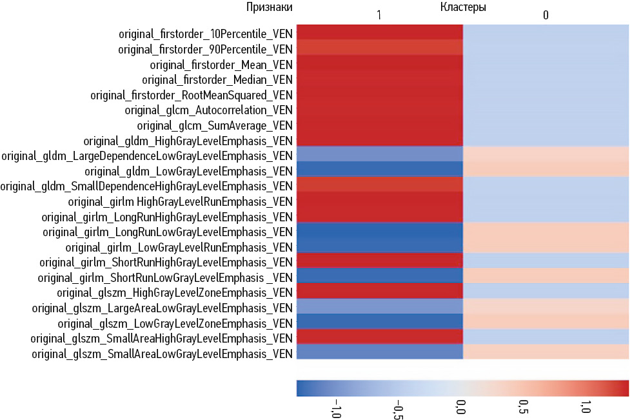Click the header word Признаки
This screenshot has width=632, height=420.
(x=270, y=8)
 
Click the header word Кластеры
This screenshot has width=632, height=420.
(x=463, y=8)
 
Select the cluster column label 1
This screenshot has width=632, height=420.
(x=379, y=15)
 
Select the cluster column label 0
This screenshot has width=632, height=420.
(x=546, y=15)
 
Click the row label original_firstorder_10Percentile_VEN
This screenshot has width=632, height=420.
(x=206, y=33)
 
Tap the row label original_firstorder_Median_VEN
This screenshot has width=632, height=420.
(x=217, y=80)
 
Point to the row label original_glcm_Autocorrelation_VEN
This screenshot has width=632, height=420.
(x=209, y=110)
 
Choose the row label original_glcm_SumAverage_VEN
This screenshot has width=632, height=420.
(x=215, y=125)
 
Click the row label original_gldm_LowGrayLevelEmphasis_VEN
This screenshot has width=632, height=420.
(x=188, y=171)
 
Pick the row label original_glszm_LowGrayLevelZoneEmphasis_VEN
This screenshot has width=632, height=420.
(x=175, y=323)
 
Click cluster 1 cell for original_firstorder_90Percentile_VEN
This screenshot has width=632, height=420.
(x=379, y=48)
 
